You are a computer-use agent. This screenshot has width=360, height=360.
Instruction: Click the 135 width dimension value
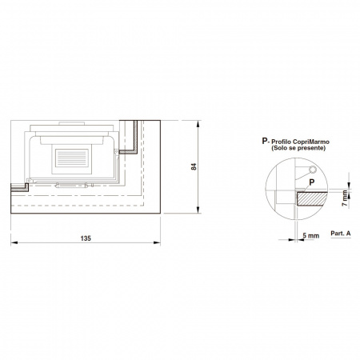86,238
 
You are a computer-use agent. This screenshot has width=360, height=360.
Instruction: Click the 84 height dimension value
194,166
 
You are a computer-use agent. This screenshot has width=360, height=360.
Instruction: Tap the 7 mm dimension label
345,198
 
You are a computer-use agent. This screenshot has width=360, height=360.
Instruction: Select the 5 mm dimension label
311,236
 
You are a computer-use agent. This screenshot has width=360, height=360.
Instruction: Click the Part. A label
341,233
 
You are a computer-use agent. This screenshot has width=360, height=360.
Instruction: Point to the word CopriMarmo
311,142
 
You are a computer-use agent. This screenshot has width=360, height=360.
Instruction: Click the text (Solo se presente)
298,148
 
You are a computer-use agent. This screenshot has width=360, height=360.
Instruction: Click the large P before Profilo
265,141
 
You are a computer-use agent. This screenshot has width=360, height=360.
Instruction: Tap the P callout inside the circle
311,182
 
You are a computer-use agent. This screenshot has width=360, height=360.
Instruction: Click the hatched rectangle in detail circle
312,199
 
